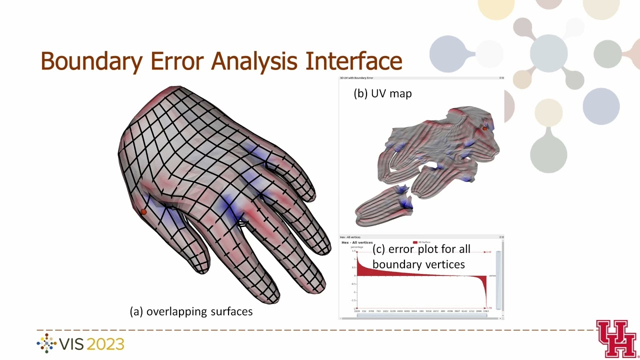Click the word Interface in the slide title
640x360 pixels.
[354, 61]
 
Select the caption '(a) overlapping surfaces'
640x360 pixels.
[191, 311]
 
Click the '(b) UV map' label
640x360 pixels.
[382, 93]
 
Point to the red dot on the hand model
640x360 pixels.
[143, 212]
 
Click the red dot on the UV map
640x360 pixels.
[484, 128]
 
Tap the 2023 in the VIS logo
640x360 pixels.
[105, 344]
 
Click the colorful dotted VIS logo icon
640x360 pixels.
[47, 343]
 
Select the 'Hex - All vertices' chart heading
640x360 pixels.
[357, 242]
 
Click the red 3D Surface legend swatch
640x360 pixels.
[415, 242]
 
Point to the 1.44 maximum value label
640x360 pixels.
[488, 252]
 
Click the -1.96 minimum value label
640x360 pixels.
[489, 308]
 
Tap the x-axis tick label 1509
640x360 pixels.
[356, 311]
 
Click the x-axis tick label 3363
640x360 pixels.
[485, 311]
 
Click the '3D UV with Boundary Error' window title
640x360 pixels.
[356, 78]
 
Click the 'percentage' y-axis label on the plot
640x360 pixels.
[357, 247]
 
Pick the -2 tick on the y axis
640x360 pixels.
[354, 308]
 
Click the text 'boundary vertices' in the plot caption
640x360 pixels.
[418, 264]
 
